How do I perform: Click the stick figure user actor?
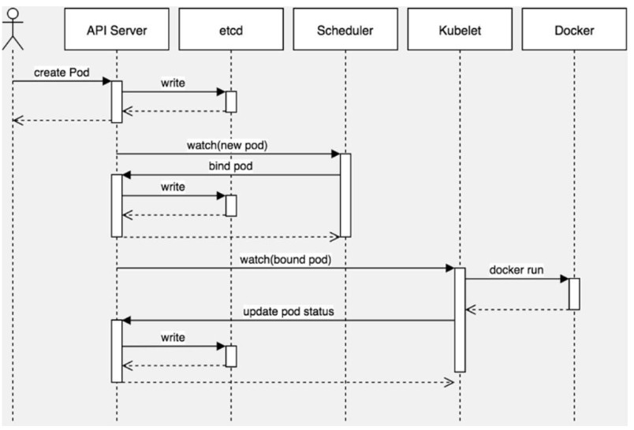13,29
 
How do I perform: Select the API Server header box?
117,29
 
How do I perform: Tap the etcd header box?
231,29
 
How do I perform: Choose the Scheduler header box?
345,29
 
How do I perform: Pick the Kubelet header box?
460,29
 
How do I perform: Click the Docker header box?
574,29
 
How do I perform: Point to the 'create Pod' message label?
62,72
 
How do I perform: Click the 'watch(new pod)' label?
227,146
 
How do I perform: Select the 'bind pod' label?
230,166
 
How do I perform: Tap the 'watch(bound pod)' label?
285,260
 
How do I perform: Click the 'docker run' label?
517,269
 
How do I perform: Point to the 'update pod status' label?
289,312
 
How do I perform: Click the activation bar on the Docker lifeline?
574,294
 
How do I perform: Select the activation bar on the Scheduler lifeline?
345,195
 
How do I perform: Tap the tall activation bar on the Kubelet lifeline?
460,320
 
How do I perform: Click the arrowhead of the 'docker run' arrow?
565,279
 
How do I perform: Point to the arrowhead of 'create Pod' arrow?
106,81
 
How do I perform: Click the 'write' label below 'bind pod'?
173,187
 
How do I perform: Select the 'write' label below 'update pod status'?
173,338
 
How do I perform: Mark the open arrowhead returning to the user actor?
18,120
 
